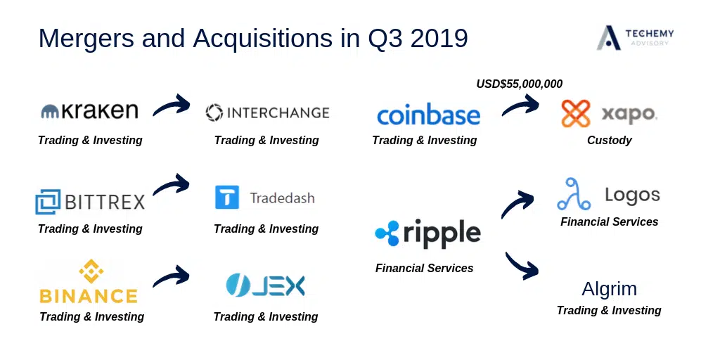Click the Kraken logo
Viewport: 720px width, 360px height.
click(89, 110)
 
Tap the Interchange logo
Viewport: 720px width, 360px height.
click(267, 113)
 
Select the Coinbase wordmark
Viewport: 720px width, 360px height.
click(428, 115)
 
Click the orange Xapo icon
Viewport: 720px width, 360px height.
click(575, 113)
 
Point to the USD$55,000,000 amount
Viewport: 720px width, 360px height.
click(520, 84)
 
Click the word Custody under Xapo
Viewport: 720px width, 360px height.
click(610, 141)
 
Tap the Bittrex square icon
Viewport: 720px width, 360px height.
click(48, 202)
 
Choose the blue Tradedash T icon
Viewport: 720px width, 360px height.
click(227, 198)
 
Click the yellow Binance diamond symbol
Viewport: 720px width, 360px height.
click(91, 271)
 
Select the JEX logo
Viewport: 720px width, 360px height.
click(265, 285)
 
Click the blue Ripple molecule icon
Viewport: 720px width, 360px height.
click(387, 233)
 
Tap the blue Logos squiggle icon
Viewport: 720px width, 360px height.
click(574, 194)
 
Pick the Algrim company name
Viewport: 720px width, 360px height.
click(609, 289)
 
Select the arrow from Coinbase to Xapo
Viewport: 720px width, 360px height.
click(521, 105)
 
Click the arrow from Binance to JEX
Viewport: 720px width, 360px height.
click(172, 277)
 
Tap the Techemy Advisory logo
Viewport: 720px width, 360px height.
click(635, 38)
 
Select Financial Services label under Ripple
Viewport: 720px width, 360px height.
click(424, 268)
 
